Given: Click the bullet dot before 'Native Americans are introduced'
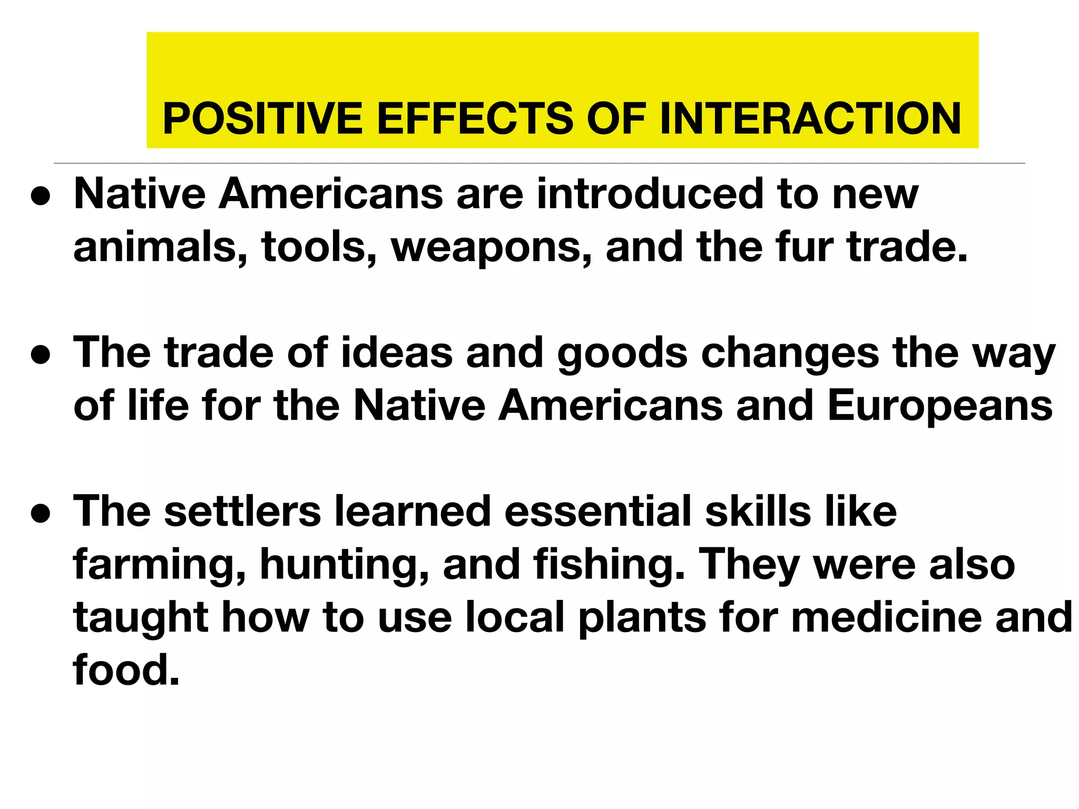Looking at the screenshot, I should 41,196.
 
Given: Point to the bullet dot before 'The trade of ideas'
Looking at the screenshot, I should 41,354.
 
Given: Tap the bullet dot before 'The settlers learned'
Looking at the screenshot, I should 41,513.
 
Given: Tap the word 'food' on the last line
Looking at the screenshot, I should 126,669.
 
